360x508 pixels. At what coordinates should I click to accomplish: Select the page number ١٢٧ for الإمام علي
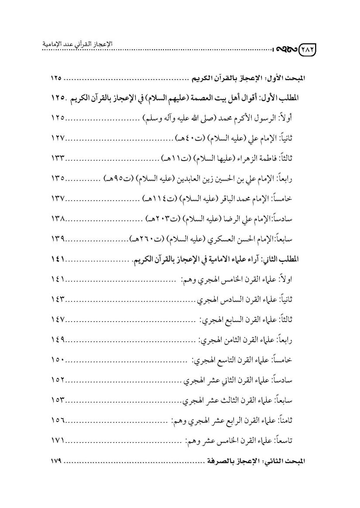[57, 138]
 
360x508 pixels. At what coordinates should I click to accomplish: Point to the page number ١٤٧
[57, 320]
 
